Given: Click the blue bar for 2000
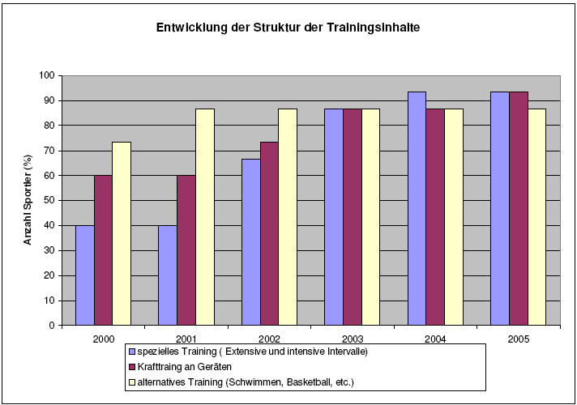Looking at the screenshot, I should click(84, 275).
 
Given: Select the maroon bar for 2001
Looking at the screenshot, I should click(186, 250).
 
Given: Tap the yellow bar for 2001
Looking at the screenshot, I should click(205, 217).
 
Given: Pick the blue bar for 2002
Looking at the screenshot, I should click(250, 242).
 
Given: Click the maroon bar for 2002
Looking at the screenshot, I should click(269, 233).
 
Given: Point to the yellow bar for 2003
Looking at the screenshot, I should click(370, 217).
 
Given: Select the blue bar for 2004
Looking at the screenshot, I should click(417, 208).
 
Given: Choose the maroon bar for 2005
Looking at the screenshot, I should click(518, 208).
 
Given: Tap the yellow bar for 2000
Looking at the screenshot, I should click(122, 233).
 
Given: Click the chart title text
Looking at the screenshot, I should click(288, 28).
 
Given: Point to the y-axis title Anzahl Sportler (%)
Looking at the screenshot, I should click(27, 200).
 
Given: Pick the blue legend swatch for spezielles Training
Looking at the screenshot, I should click(131, 352).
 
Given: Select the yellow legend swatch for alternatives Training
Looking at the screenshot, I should click(131, 381).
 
